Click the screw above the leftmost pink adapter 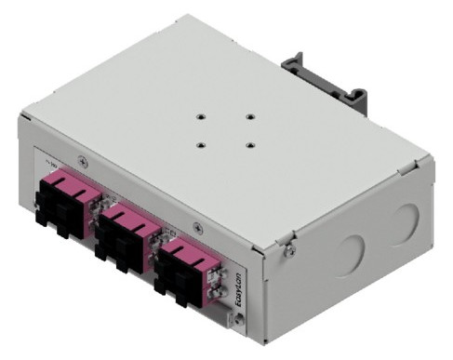coord(85,160)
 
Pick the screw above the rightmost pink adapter coord(196,226)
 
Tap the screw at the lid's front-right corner coord(289,247)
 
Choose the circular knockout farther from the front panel coord(403,221)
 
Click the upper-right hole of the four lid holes coord(249,115)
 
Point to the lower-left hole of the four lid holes coord(201,144)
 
